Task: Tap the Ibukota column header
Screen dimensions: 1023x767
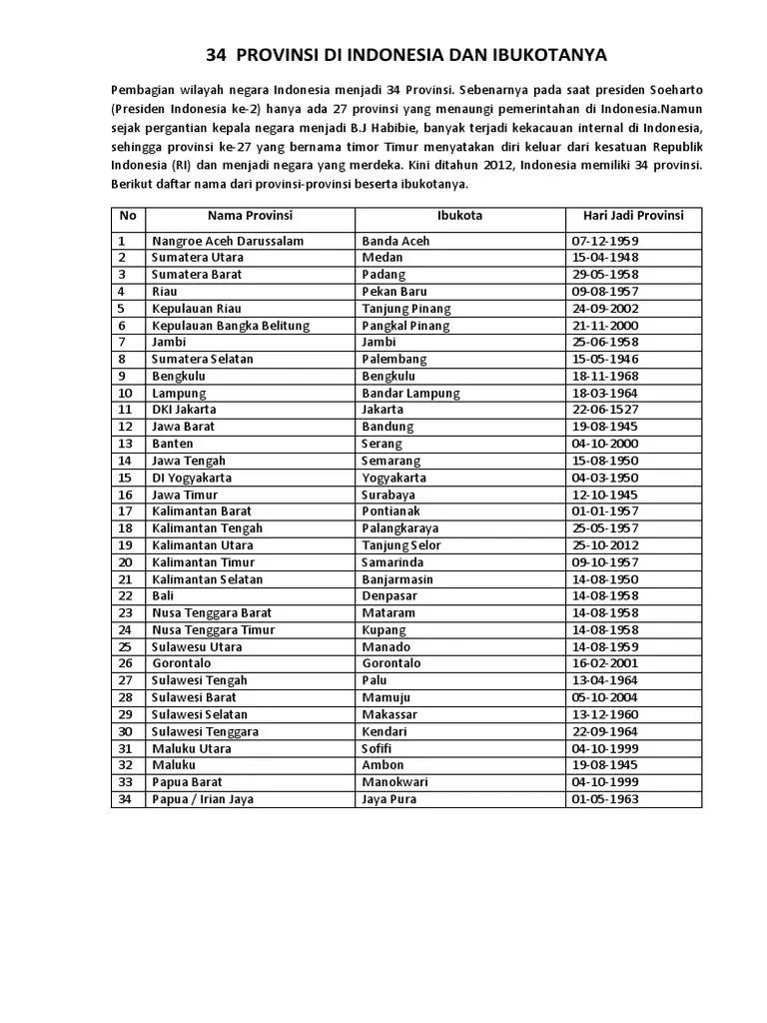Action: pos(459,216)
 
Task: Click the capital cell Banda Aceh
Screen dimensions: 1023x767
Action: pos(396,241)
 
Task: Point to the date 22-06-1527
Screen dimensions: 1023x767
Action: pos(605,410)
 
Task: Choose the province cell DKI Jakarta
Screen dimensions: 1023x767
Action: pos(184,410)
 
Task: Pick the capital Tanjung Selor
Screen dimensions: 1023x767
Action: pos(401,545)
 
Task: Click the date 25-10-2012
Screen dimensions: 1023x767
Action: pos(605,545)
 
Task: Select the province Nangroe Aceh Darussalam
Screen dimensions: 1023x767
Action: pos(228,241)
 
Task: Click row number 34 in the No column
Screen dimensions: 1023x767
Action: pos(126,799)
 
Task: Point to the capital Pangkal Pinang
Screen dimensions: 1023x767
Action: pos(405,325)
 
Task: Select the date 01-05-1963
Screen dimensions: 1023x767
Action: pos(605,799)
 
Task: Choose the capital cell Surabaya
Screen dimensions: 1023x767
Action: pos(389,495)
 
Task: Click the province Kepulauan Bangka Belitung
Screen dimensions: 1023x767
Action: pos(231,325)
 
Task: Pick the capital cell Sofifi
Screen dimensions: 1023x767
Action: pos(379,748)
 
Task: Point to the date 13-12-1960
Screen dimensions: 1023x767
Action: pos(605,714)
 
